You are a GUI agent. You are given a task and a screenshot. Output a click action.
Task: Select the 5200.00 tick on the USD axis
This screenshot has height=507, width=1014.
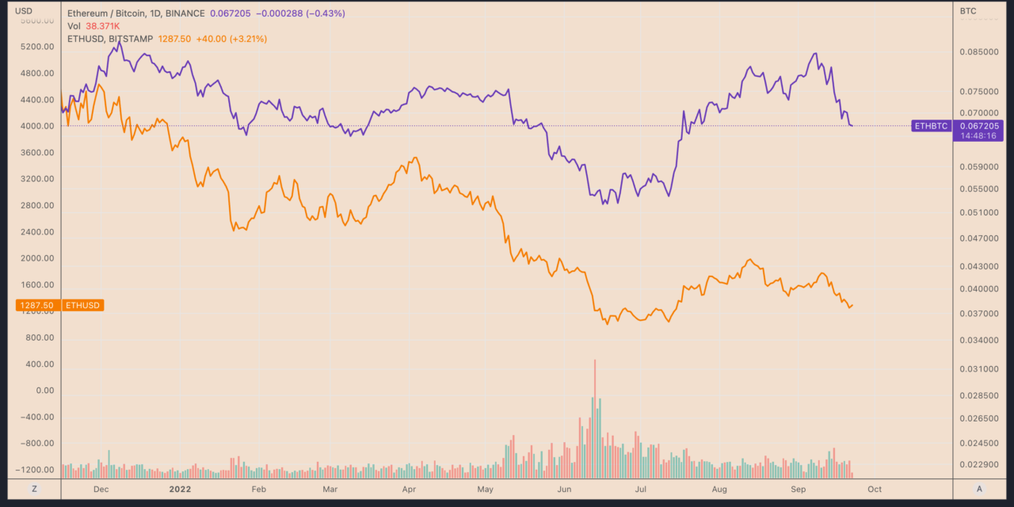click(38, 47)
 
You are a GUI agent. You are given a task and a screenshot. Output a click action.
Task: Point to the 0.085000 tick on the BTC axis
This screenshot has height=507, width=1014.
click(979, 52)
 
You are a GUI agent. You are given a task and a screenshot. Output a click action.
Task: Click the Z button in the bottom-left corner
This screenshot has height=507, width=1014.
click(34, 489)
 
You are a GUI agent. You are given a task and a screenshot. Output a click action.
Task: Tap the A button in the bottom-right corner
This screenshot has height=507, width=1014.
click(980, 489)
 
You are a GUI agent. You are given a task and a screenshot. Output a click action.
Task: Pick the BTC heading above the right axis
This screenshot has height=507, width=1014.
click(968, 11)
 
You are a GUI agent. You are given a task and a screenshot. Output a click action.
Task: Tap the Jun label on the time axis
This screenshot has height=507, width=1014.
click(564, 490)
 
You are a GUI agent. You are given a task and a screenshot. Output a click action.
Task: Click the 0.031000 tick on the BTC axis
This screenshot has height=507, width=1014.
click(979, 369)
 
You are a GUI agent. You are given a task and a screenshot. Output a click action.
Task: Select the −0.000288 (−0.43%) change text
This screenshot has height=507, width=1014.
click(299, 14)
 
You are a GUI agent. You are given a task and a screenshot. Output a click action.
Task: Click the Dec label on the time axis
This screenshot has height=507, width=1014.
click(101, 490)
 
